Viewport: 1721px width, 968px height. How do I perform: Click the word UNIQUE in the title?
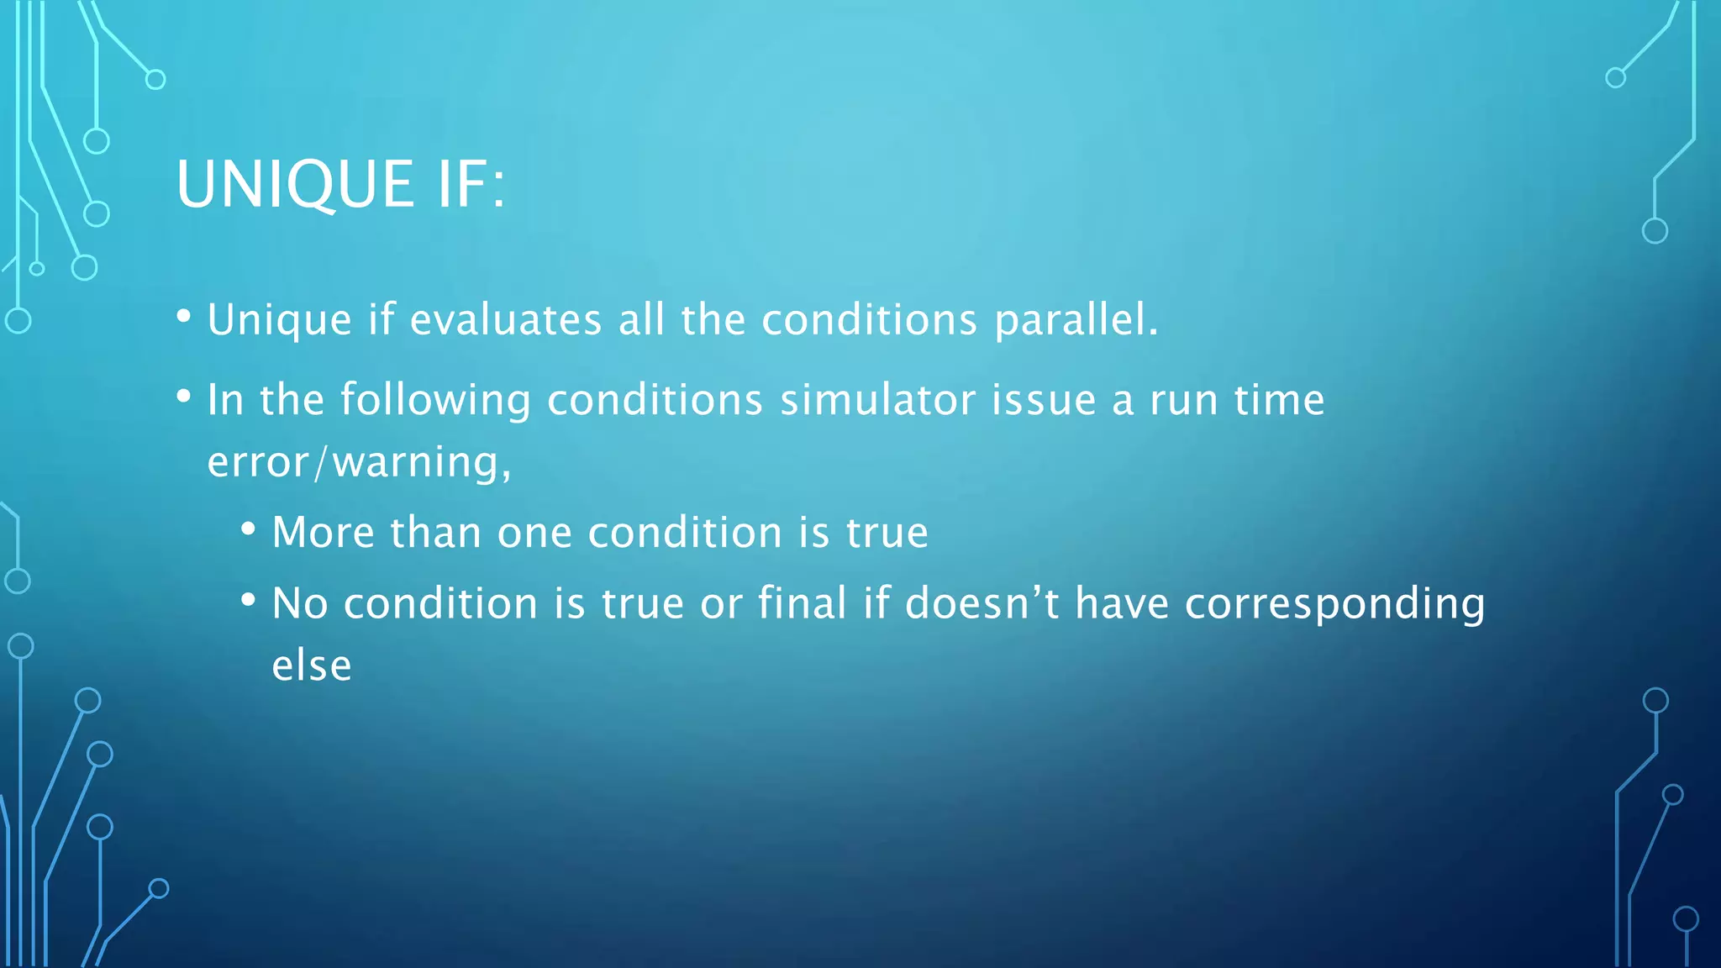pos(295,184)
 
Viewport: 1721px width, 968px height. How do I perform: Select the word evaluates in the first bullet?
pos(506,320)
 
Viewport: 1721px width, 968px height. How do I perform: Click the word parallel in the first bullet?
pos(1076,320)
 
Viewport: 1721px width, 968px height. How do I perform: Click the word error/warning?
pos(359,463)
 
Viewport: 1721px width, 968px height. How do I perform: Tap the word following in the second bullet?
pos(435,401)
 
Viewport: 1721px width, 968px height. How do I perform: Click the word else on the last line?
pos(312,666)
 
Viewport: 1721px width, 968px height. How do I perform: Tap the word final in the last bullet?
pos(802,603)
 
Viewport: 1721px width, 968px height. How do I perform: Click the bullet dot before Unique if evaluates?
pos(184,317)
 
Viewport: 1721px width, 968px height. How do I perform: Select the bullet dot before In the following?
pos(184,396)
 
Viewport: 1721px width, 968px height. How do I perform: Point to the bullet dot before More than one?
pos(248,529)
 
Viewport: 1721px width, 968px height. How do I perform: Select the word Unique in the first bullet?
pos(280,320)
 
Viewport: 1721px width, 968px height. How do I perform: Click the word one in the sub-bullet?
pos(534,533)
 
